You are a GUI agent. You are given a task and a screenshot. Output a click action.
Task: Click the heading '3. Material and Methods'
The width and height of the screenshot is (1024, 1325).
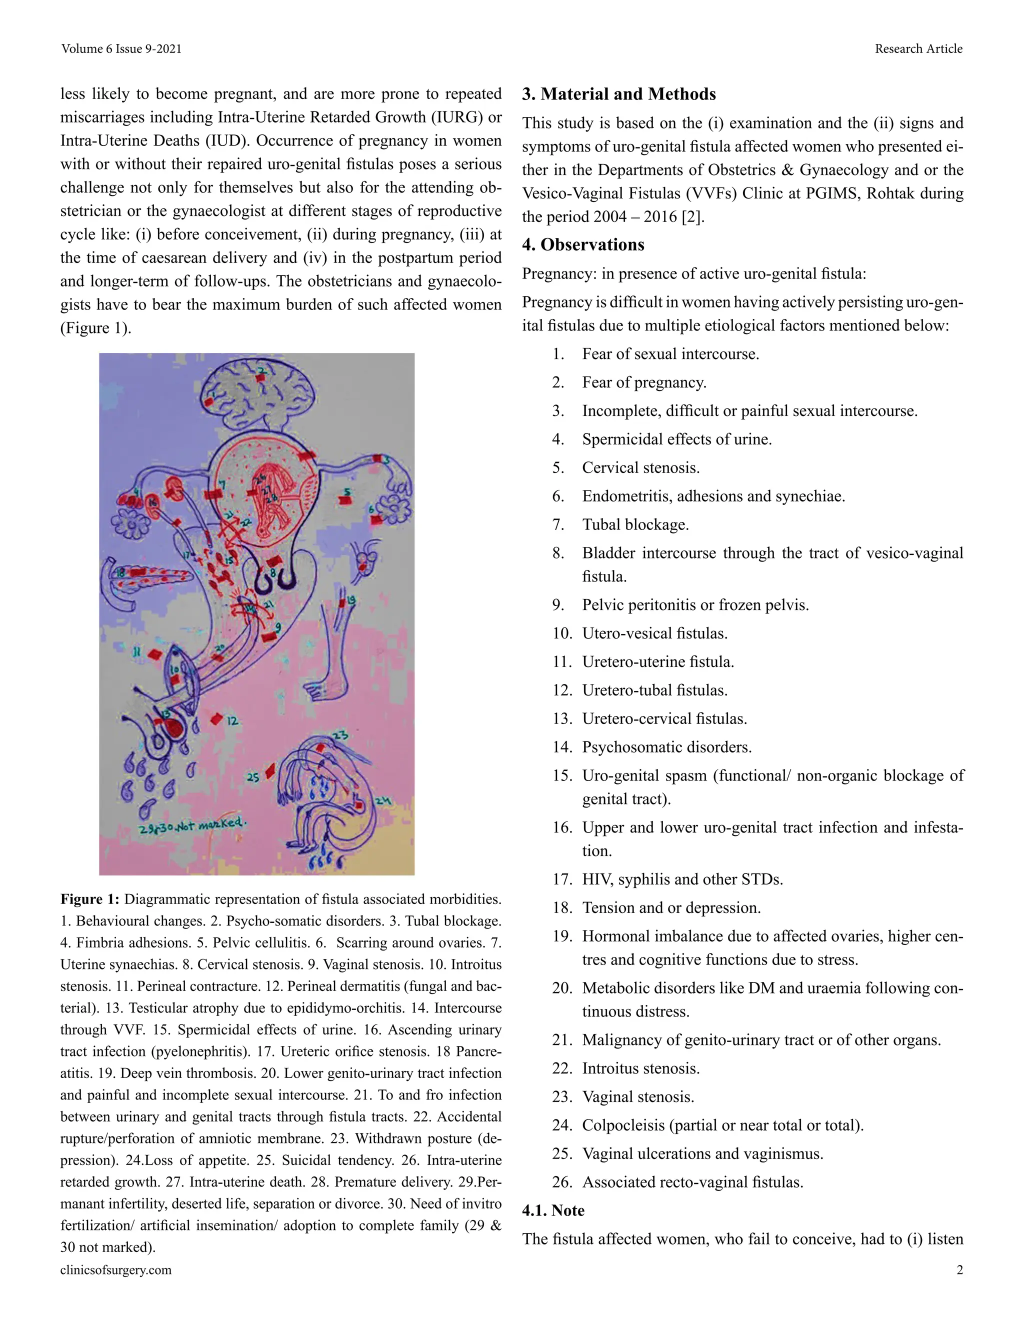619,94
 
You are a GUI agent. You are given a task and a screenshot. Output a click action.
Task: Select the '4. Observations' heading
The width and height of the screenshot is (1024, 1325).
583,244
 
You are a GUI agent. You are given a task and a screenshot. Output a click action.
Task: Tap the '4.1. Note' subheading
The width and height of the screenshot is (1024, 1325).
553,1211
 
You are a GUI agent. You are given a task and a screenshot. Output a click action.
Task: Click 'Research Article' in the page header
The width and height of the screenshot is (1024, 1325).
918,48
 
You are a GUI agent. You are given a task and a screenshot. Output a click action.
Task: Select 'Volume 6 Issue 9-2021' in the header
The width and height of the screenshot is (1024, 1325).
121,48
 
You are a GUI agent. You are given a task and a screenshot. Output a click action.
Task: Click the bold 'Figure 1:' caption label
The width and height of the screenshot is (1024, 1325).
90,899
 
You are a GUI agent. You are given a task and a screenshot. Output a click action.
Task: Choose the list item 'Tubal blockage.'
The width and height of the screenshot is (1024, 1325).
635,525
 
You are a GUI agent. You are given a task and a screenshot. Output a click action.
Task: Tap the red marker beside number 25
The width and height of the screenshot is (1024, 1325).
270,771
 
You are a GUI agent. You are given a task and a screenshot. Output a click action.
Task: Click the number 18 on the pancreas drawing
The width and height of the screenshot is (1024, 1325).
120,572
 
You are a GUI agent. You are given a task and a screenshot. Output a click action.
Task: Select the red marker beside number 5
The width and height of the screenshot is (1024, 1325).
344,500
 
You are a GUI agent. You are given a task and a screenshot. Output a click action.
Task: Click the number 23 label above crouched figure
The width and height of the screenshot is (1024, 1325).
340,736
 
